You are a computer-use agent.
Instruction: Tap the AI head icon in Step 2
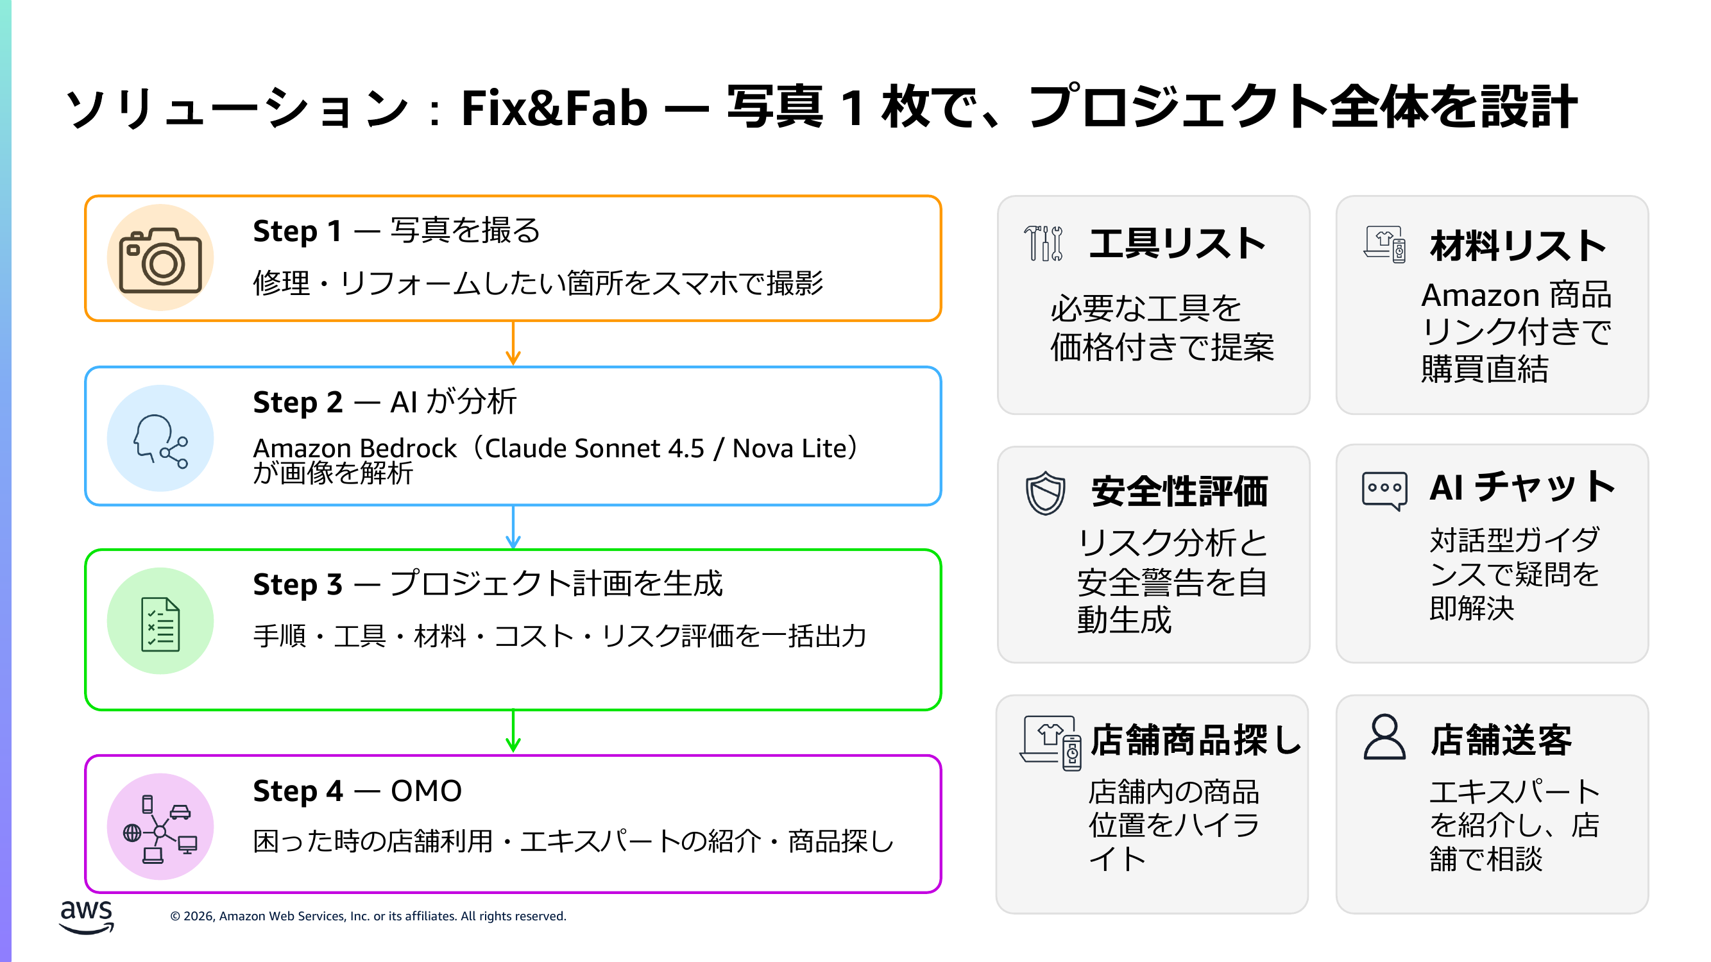coord(160,439)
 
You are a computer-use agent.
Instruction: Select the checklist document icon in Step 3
coord(160,623)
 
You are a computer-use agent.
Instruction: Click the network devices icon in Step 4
coord(160,828)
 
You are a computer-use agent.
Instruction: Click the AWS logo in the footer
coord(87,916)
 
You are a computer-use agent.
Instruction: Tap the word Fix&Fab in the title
coord(554,108)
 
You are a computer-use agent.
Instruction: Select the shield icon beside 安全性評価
coord(1046,493)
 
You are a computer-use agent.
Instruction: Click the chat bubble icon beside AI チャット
coord(1384,490)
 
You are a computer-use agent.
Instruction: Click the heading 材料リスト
coord(1518,246)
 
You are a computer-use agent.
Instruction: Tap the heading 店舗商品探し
coord(1196,740)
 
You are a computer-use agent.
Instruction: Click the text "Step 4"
coord(298,791)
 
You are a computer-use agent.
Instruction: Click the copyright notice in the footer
coord(368,916)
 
